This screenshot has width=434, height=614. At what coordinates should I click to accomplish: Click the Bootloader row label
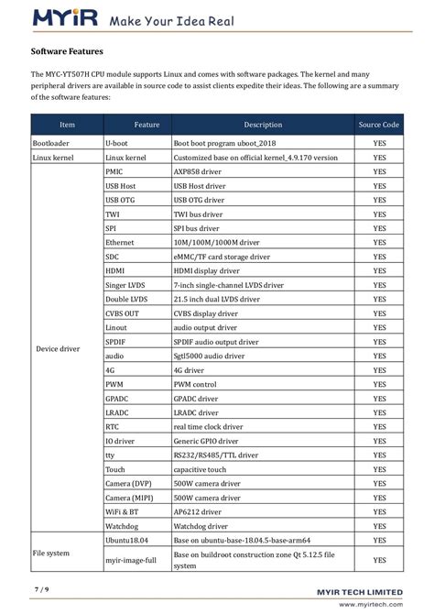click(x=51, y=144)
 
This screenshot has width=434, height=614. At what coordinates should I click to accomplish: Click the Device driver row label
click(x=56, y=348)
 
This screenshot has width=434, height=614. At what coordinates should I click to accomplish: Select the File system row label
click(x=51, y=552)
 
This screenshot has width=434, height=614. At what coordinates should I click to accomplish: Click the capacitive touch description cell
click(x=201, y=468)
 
